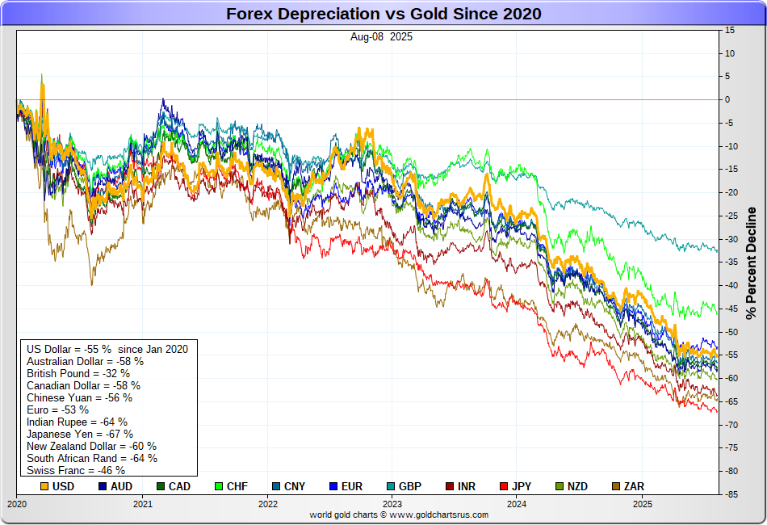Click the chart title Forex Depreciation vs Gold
pos(383,14)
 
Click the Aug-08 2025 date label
pos(381,36)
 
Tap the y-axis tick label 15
pos(729,30)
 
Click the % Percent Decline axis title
pos(751,262)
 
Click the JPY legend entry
pos(519,486)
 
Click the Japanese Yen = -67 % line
pos(80,434)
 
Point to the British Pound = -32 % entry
pos(79,373)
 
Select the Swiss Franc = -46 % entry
pos(76,470)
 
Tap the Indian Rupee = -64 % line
pos(77,422)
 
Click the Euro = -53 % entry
pos(58,409)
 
